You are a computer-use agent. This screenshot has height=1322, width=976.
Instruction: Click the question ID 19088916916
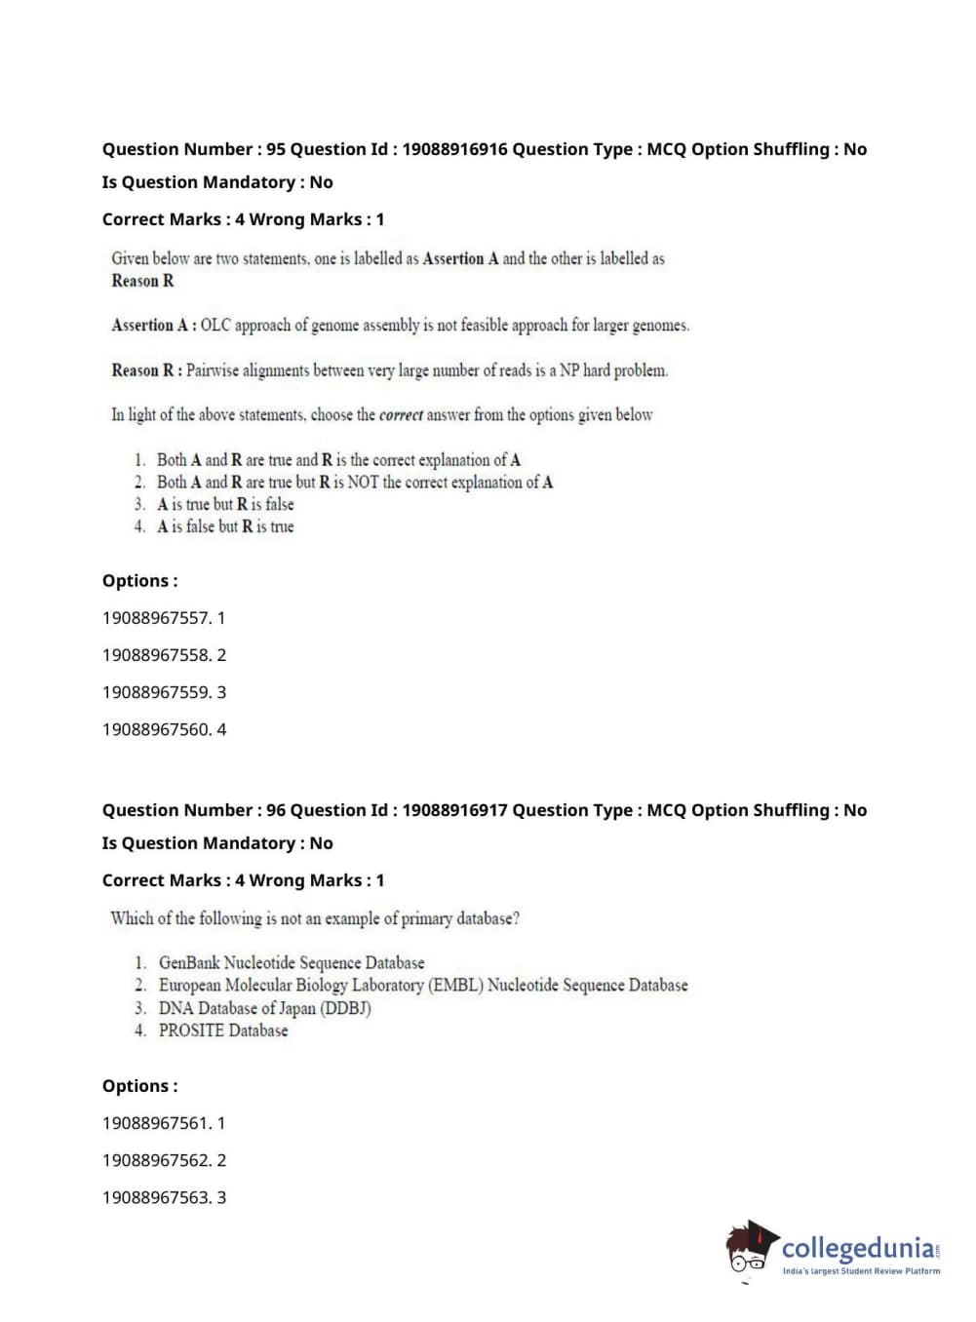point(454,149)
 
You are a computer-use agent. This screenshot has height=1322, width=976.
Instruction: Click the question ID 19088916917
point(454,810)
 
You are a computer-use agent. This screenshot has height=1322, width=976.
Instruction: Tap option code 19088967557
point(155,618)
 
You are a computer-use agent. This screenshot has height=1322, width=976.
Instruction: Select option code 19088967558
point(155,655)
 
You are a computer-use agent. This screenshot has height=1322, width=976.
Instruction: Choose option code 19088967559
point(155,692)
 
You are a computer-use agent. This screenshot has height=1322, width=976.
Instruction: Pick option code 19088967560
point(155,729)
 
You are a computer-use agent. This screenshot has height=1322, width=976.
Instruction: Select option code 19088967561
point(155,1123)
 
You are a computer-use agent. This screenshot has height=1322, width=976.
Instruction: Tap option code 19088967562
point(155,1160)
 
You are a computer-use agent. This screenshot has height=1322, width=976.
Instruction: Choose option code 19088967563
point(155,1197)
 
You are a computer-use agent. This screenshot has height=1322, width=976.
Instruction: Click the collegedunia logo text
point(857,1248)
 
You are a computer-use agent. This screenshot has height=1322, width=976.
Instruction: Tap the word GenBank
point(189,963)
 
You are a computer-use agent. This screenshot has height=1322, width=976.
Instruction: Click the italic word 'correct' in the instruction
point(401,415)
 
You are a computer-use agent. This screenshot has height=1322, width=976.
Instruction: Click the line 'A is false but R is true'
point(225,526)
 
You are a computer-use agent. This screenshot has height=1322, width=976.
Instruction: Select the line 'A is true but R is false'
point(225,504)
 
